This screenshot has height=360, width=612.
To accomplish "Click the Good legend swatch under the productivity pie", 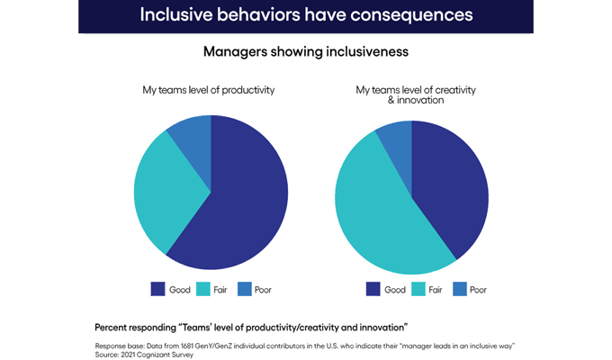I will click(x=157, y=289).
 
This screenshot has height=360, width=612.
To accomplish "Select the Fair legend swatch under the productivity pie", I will click(x=204, y=289).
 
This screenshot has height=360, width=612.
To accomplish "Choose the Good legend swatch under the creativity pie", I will click(x=373, y=289).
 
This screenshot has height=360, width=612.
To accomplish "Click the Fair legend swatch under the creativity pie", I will click(x=419, y=289).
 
